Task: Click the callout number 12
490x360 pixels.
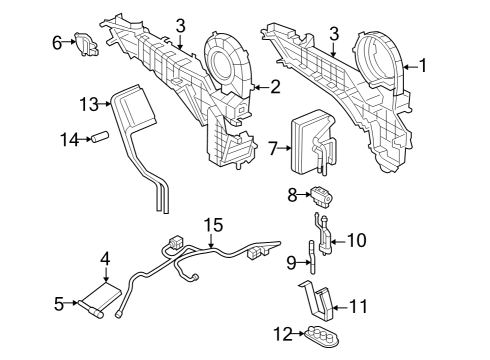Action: click(284, 333)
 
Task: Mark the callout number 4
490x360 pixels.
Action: click(105, 259)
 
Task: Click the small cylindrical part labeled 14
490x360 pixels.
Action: click(99, 138)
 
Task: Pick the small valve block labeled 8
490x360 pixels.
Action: click(319, 195)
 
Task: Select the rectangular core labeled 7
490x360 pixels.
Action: click(305, 147)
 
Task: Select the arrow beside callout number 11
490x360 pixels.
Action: click(340, 305)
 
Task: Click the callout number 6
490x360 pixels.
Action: click(58, 42)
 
